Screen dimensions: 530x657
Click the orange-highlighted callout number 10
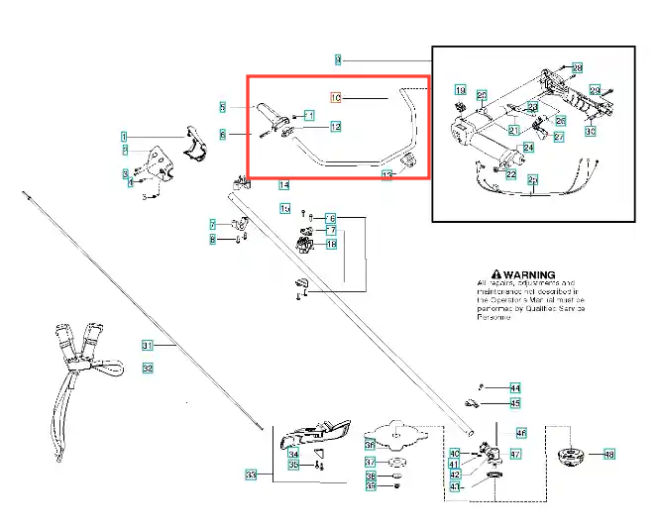point(335,97)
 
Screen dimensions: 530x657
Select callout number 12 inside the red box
point(336,127)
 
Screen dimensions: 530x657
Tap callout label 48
point(608,455)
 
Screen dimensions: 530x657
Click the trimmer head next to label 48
point(572,457)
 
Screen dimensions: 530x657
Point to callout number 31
point(147,346)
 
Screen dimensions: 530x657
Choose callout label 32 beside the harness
point(148,369)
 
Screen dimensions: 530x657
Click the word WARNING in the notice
point(529,274)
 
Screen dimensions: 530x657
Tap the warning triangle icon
point(485,274)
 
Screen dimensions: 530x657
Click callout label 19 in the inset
point(460,91)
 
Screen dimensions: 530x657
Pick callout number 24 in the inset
point(528,148)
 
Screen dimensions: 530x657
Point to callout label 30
point(590,131)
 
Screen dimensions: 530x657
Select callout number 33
point(251,476)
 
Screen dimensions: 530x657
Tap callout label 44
point(514,387)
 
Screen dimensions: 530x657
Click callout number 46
point(521,433)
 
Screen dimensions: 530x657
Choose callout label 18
point(331,243)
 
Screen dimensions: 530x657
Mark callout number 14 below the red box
point(284,184)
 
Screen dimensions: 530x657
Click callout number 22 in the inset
point(510,174)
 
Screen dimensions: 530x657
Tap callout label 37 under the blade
point(369,462)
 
